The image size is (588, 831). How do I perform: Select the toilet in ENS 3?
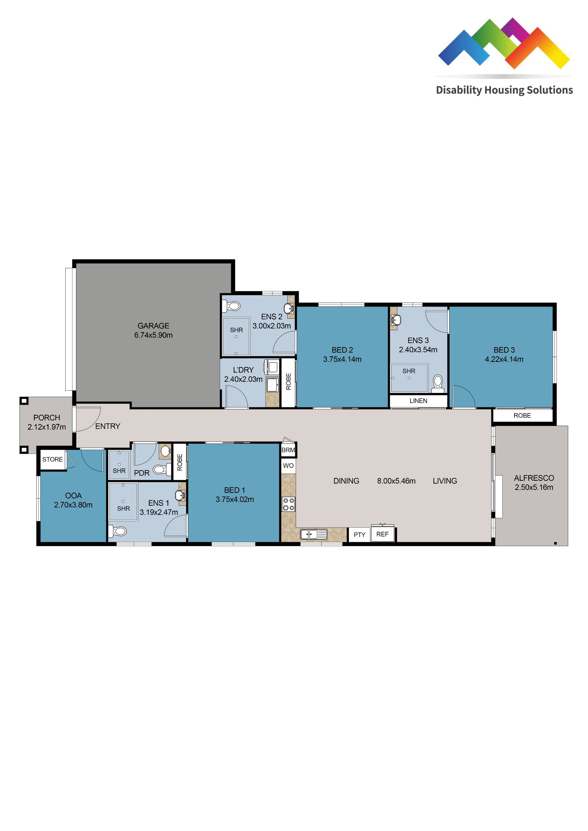coord(438,382)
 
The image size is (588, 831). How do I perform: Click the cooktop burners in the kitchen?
coord(288,504)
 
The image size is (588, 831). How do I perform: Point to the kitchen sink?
coord(314,534)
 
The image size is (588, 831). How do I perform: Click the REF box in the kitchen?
coord(382,534)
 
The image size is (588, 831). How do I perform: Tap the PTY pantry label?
coord(359,535)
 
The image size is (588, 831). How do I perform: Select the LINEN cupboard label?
coord(418,401)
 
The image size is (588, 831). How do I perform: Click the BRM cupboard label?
coord(288,450)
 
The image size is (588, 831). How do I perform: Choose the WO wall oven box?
coord(288,466)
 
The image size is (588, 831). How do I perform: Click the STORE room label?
coord(53,459)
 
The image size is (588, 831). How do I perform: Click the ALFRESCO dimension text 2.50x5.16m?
coord(534,487)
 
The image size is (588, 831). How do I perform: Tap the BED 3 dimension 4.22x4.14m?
coord(504,359)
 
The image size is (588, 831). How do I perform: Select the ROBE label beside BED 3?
coord(522,415)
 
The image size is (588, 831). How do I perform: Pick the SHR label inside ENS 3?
coord(409,371)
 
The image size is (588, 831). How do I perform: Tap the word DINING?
coord(346,481)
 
